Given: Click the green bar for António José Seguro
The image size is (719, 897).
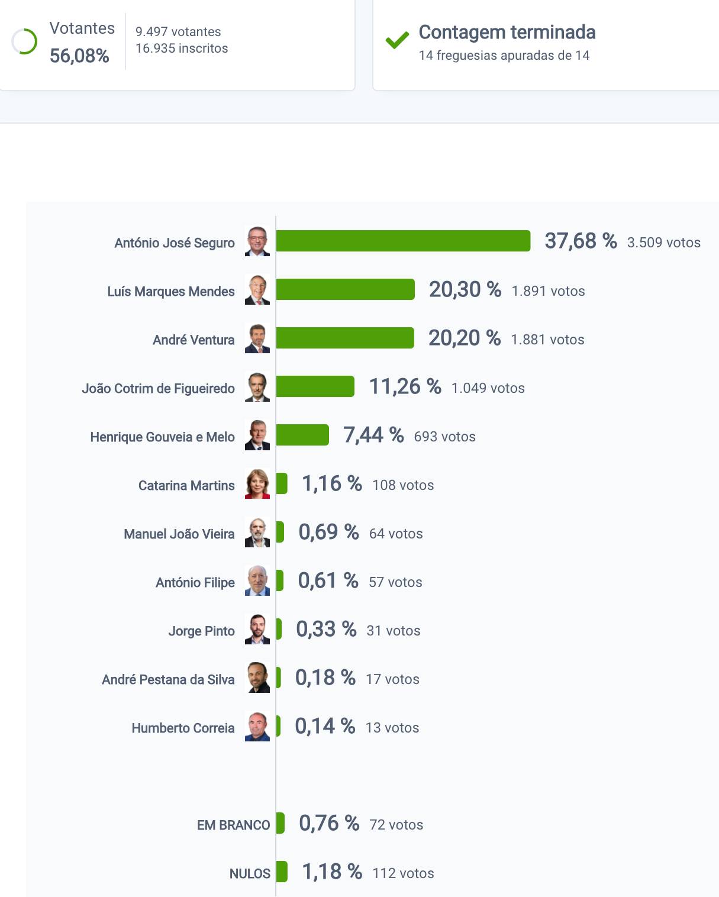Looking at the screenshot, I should [x=403, y=241].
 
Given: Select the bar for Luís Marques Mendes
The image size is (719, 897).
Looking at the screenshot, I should [x=345, y=289].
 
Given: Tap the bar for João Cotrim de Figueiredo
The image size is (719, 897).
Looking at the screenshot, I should [x=315, y=386].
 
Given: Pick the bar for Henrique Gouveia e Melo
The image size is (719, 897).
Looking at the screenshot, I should [x=302, y=435].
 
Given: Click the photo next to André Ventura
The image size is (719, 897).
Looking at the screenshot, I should [x=257, y=338].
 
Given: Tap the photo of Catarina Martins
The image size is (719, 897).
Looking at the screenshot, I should [x=257, y=484].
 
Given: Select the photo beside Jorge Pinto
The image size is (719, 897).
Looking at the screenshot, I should [x=257, y=630].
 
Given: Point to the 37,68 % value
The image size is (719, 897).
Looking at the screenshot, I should [x=581, y=241].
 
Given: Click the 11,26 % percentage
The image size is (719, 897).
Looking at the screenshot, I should [x=405, y=387].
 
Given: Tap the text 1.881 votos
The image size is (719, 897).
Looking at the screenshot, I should [x=547, y=340].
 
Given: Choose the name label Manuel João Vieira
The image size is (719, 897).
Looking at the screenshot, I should [x=179, y=534].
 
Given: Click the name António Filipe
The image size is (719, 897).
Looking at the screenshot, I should [x=195, y=582].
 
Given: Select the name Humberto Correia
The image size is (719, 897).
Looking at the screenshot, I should [x=183, y=728].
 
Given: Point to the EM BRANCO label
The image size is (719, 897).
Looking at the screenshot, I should [x=233, y=825].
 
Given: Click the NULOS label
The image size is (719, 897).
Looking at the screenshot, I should [x=250, y=873].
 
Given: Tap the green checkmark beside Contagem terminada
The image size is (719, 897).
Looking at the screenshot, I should [x=397, y=40].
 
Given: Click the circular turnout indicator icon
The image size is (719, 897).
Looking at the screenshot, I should [x=24, y=41].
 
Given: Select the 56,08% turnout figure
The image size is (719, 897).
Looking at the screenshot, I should [x=79, y=56].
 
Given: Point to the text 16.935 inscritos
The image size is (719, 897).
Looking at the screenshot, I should [x=182, y=49].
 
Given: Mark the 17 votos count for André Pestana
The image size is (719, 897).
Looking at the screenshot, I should [x=392, y=679].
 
